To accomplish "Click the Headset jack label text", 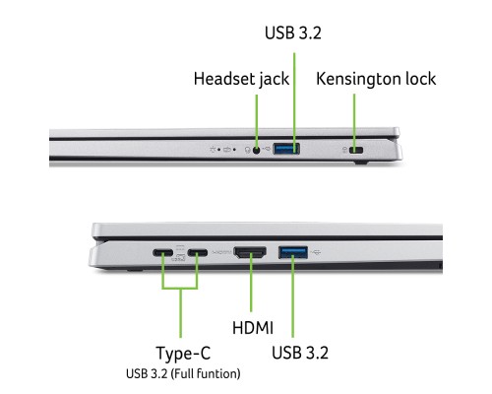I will click(x=240, y=79).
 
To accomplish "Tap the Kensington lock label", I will click(x=375, y=79).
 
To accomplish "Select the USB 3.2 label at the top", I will click(x=293, y=33).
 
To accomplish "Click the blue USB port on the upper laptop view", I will click(x=288, y=150).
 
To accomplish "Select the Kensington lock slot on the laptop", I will click(x=356, y=150).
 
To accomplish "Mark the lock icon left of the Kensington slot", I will click(x=341, y=150).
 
